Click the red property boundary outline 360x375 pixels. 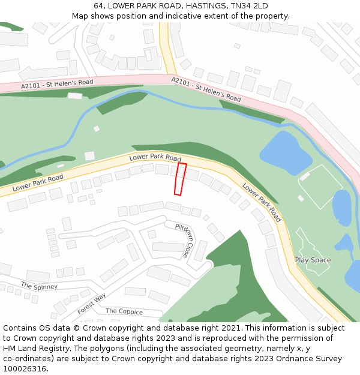[x=180, y=179]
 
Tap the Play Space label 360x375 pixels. [x=313, y=260]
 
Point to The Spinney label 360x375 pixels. [x=39, y=286]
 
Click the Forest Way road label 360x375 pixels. [x=91, y=304]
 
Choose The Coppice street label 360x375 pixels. [x=124, y=311]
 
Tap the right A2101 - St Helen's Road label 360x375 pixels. [x=206, y=89]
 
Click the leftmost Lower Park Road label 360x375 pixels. [x=38, y=182]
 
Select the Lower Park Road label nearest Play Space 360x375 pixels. [x=262, y=202]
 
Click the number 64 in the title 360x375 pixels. [x=98, y=6]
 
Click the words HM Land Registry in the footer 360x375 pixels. [x=31, y=348]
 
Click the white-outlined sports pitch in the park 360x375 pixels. [x=320, y=186]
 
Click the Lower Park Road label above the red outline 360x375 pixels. [x=155, y=158]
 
